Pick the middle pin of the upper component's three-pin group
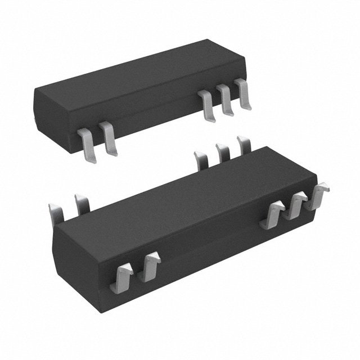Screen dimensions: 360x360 [x=226, y=100]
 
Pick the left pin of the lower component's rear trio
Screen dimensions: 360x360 [x=201, y=159]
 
